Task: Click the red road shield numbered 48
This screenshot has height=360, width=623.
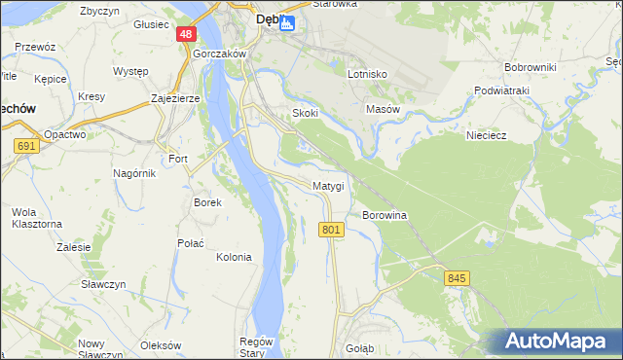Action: coord(186,34)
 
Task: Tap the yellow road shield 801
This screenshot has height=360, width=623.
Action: coord(331,229)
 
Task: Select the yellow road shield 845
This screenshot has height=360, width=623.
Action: coord(457,278)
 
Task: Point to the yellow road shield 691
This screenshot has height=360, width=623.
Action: coord(26,146)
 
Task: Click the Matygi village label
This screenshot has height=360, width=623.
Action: coord(328,185)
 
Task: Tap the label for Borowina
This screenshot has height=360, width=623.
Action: coord(384,214)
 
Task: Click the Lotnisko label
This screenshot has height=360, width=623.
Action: coord(367,74)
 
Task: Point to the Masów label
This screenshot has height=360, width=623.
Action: coord(383,109)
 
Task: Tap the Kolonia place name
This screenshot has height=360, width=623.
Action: coord(234,257)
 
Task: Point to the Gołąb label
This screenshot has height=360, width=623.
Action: coord(361,346)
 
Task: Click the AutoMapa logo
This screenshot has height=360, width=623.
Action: coord(554,341)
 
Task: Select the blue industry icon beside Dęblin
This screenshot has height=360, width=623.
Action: coord(286,23)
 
